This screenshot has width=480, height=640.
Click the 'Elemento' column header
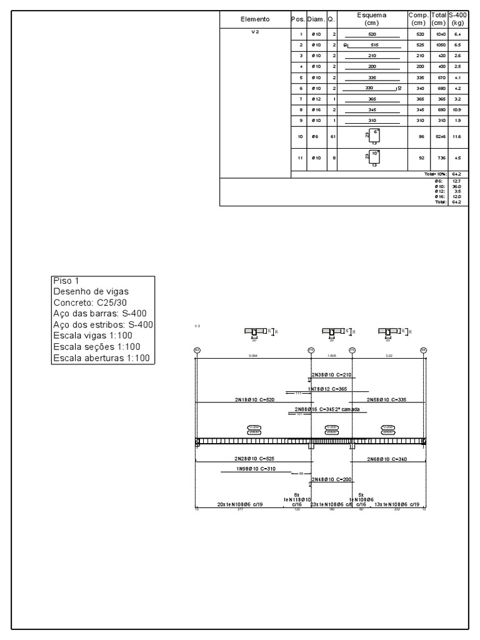click(255, 19)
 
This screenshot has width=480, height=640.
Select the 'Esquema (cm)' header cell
click(372, 19)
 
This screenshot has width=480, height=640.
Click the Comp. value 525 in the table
click(420, 45)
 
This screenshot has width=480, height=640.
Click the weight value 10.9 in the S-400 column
click(457, 109)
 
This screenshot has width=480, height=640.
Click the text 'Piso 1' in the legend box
click(67, 281)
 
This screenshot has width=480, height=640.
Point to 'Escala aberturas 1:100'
click(102, 358)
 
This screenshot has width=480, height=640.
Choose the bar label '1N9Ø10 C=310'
click(256, 468)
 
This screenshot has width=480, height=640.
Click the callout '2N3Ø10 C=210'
click(332, 375)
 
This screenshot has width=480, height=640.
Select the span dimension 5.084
click(253, 354)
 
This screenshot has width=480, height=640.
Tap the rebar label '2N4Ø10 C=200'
click(332, 479)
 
